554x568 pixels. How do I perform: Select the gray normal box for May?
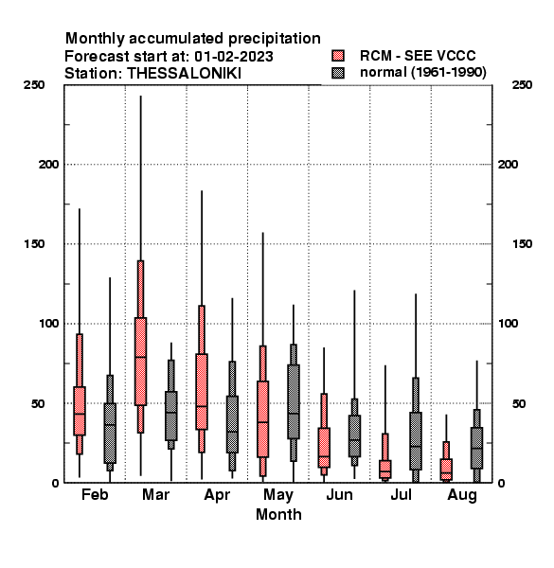(294, 401)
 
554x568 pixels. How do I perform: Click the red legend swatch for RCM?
(338, 56)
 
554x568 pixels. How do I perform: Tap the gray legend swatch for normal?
(338, 73)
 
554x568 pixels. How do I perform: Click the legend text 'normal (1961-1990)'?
(422, 73)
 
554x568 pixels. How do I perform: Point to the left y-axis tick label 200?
(48, 165)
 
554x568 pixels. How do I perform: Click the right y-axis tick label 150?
(522, 244)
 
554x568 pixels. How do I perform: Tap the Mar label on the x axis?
(156, 494)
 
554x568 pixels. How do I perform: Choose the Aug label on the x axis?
(462, 495)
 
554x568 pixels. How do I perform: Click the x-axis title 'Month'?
(278, 514)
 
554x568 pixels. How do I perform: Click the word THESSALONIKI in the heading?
(184, 74)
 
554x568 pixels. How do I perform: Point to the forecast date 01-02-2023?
(234, 56)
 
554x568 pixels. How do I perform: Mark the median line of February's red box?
(80, 414)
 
